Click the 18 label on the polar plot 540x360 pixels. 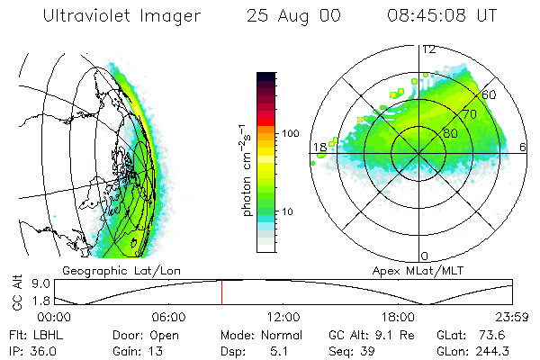pyautogui.click(x=319, y=147)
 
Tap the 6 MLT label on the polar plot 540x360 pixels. pyautogui.click(x=525, y=147)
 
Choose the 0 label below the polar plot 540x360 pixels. pyautogui.click(x=426, y=256)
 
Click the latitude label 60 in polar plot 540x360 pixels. pyautogui.click(x=490, y=94)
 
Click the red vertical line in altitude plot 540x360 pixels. pyautogui.click(x=221, y=292)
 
